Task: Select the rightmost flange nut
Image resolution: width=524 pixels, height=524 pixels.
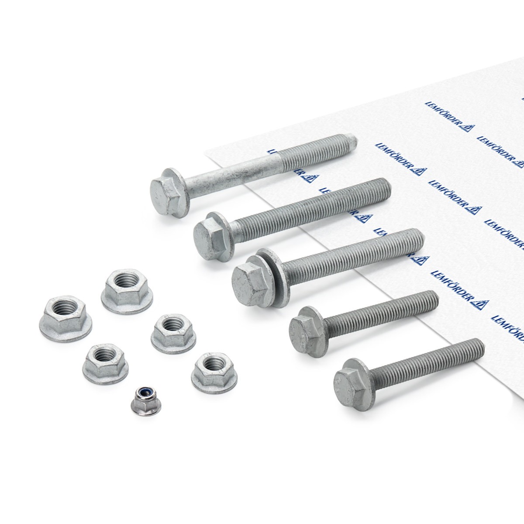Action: (214, 373)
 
